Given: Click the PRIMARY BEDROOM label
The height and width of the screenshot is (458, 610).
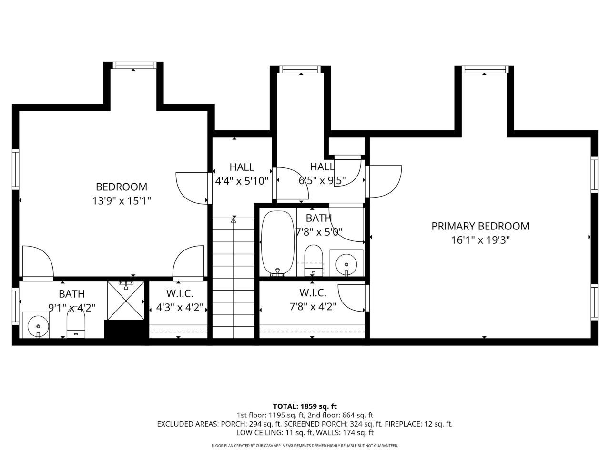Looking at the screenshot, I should point(480,226).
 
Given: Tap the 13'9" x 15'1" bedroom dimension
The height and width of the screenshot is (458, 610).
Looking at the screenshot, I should point(122,201).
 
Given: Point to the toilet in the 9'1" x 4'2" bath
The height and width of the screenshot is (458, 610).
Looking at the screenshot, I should point(76,323).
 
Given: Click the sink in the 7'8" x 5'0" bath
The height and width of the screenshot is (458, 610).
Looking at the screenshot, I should point(346,263).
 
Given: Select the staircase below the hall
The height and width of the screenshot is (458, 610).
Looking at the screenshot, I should point(234,277).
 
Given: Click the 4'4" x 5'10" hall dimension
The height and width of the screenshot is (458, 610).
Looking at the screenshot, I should point(242,181).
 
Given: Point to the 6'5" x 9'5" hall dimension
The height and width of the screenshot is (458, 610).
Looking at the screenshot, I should point(322,181).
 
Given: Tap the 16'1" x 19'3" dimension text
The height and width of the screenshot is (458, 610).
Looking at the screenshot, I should point(480,240).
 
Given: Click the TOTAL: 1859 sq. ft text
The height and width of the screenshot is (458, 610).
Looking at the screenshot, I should point(305,406).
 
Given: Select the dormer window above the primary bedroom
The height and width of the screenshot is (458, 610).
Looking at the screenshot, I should point(484,70).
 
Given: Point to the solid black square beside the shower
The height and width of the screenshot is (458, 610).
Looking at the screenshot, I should point(123,330).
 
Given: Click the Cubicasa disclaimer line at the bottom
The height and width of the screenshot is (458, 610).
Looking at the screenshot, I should point(305,446).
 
